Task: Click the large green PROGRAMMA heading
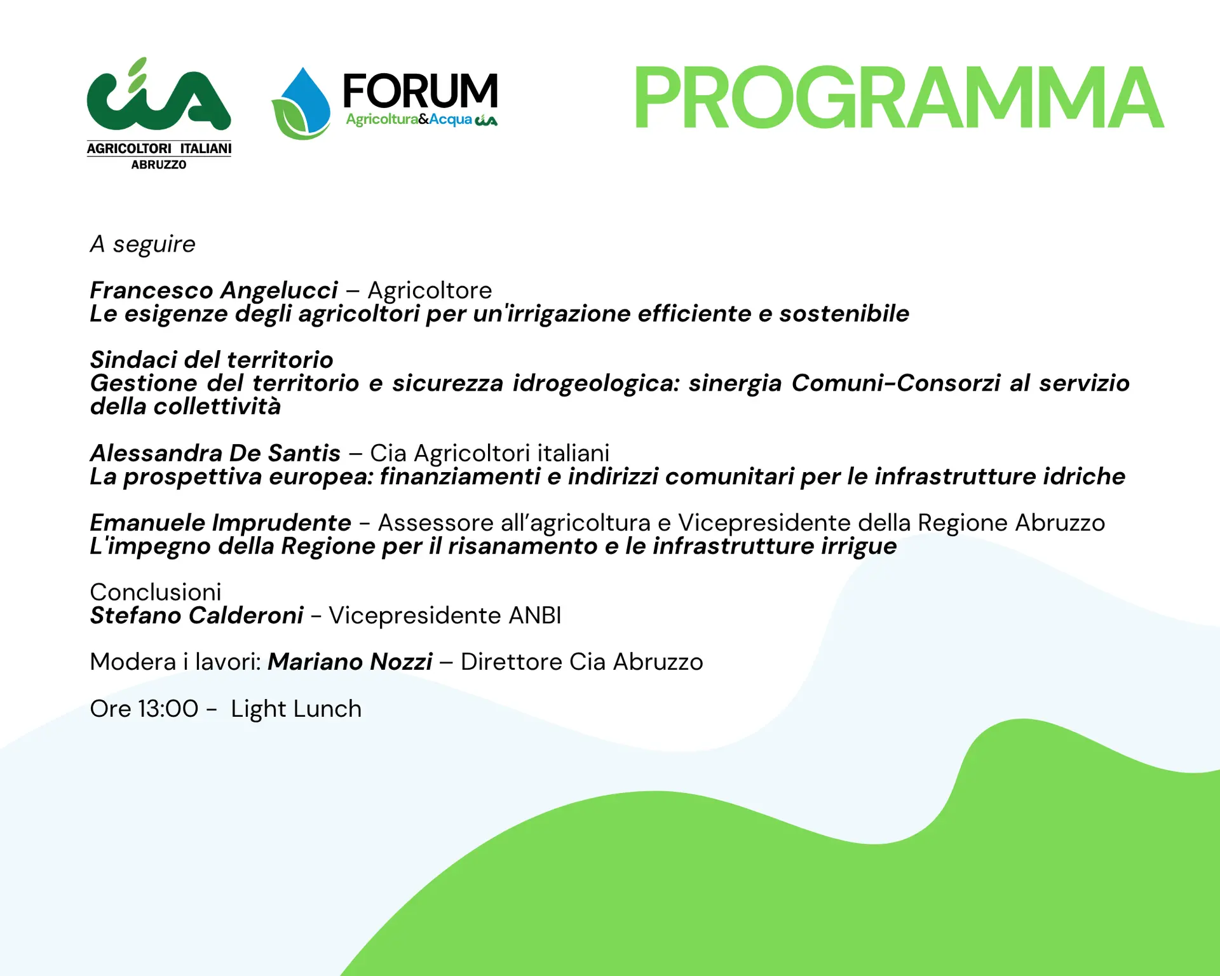pos(898,97)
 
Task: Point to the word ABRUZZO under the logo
pos(159,165)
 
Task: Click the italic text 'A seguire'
pos(143,244)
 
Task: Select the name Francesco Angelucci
pos(214,290)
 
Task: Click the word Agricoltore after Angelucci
pos(430,290)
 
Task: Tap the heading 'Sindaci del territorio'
pos(212,360)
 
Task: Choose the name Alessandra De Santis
pos(215,453)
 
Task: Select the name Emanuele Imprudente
pos(220,523)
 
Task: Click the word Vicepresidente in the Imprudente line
pos(764,523)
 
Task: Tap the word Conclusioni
pos(156,592)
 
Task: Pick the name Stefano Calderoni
pos(197,615)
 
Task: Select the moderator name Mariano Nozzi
pos(350,662)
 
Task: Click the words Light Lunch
pos(296,709)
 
